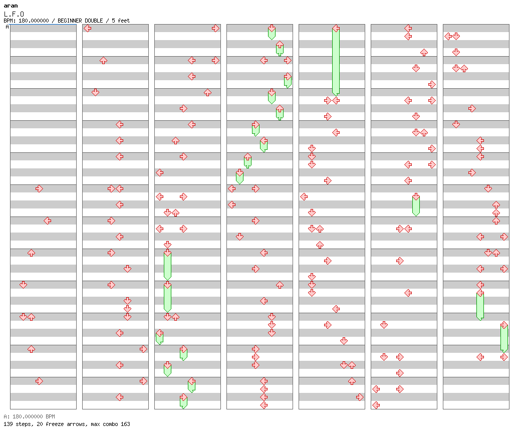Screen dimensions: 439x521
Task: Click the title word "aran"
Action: [11, 6]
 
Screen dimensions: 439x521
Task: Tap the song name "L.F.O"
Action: [14, 14]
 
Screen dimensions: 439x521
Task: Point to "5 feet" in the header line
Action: [120, 21]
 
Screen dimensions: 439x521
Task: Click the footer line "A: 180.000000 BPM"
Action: [29, 416]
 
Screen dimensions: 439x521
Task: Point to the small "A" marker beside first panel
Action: [7, 27]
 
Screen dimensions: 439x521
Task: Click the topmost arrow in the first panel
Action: [39, 188]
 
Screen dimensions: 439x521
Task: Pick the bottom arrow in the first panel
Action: [39, 381]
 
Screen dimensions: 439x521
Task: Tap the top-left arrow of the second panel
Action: [87, 28]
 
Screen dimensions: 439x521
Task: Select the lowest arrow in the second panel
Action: [119, 397]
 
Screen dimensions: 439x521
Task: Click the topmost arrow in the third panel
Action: [215, 28]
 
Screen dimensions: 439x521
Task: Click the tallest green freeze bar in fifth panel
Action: [336, 60]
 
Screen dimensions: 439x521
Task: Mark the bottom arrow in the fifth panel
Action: [360, 397]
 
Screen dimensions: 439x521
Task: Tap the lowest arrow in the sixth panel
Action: [376, 405]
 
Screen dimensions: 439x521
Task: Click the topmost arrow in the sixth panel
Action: [408, 28]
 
